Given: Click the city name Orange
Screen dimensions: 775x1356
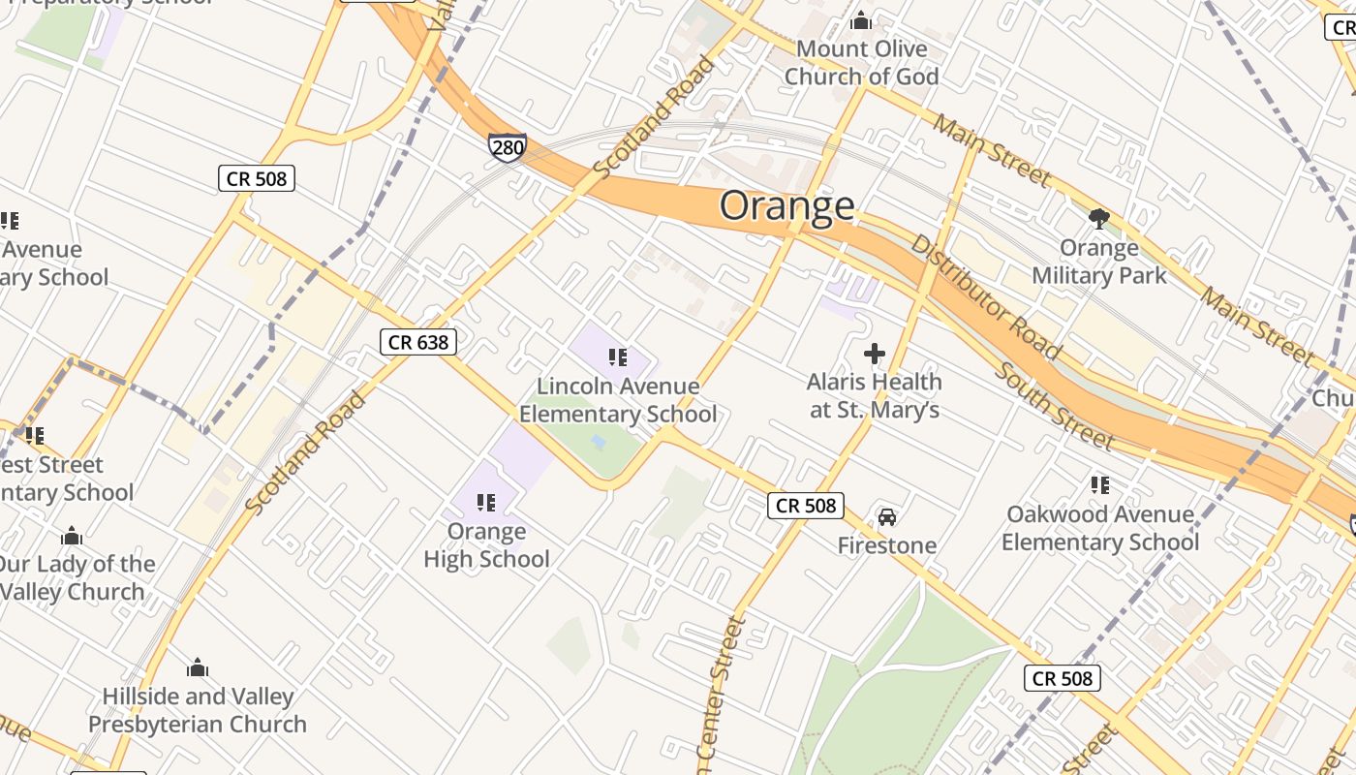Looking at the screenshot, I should pyautogui.click(x=786, y=205).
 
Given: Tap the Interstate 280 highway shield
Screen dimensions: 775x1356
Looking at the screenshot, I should pyautogui.click(x=507, y=147).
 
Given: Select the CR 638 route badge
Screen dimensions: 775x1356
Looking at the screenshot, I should pyautogui.click(x=417, y=342).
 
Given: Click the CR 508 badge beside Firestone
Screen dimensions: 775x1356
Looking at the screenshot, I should pyautogui.click(x=806, y=506).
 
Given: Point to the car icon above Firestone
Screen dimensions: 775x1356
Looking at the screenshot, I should pyautogui.click(x=886, y=517).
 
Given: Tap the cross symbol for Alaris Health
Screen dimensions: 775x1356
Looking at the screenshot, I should pyautogui.click(x=874, y=354).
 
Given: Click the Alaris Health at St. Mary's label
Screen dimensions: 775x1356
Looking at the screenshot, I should pyautogui.click(x=874, y=396).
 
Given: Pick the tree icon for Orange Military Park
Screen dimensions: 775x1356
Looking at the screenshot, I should pyautogui.click(x=1098, y=219).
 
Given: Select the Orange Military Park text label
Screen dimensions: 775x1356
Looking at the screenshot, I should pyautogui.click(x=1098, y=263).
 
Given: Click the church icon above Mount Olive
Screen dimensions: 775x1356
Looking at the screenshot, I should pyautogui.click(x=860, y=20).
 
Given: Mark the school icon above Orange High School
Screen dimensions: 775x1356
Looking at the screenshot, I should pyautogui.click(x=486, y=502).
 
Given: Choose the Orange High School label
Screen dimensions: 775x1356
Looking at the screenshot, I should pyautogui.click(x=486, y=545).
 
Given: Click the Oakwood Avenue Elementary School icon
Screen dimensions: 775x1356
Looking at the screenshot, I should pyautogui.click(x=1099, y=484).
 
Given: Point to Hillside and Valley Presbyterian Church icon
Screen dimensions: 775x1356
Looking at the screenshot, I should pyautogui.click(x=198, y=667).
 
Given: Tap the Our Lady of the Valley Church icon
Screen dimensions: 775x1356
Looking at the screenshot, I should pyautogui.click(x=72, y=536).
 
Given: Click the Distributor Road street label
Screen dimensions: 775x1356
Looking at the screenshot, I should pyautogui.click(x=985, y=296).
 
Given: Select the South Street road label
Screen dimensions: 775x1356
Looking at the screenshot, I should pyautogui.click(x=1054, y=406).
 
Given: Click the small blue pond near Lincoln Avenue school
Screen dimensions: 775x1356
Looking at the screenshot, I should pyautogui.click(x=599, y=442).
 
